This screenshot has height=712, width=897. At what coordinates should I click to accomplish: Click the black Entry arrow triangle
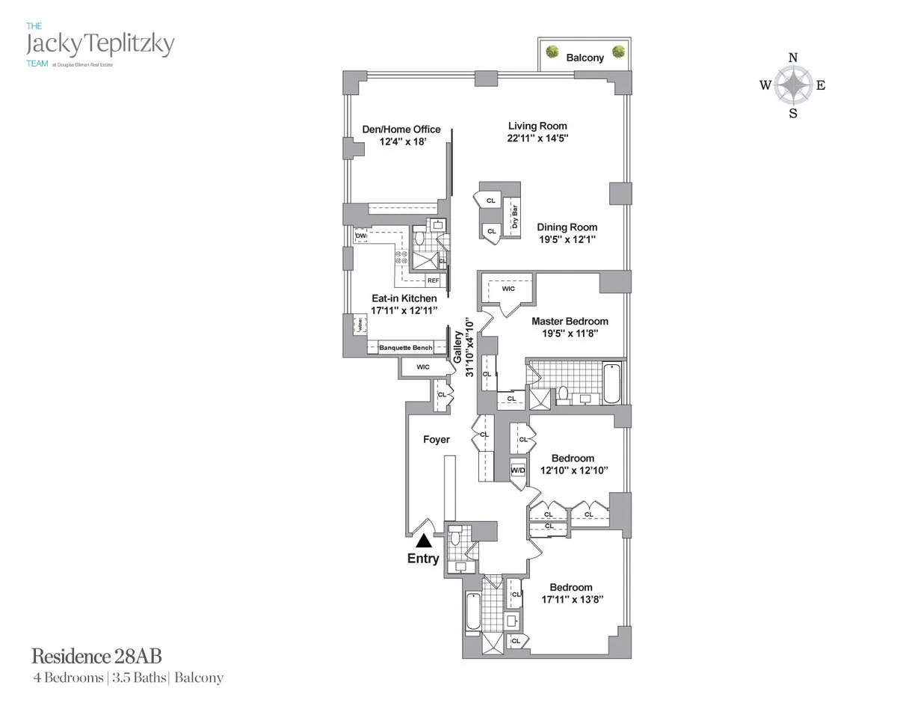424,540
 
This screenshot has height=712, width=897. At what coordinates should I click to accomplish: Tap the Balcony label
585,58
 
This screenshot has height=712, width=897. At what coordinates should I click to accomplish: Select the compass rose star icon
793,85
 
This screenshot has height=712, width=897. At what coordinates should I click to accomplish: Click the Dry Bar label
515,216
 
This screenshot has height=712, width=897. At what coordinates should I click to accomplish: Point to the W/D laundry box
519,470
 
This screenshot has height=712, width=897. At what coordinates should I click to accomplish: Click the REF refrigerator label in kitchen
433,280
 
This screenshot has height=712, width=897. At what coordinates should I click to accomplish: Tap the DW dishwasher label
361,236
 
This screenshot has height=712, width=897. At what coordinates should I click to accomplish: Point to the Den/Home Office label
401,129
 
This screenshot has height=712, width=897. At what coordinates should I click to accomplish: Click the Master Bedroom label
570,322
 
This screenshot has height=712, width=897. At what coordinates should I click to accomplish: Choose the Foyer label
437,439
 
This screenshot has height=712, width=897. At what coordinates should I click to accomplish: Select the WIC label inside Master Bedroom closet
508,288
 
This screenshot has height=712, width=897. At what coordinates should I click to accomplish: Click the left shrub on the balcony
552,52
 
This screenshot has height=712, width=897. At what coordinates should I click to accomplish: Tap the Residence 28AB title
96,657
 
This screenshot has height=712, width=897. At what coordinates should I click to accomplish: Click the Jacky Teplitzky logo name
99,44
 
